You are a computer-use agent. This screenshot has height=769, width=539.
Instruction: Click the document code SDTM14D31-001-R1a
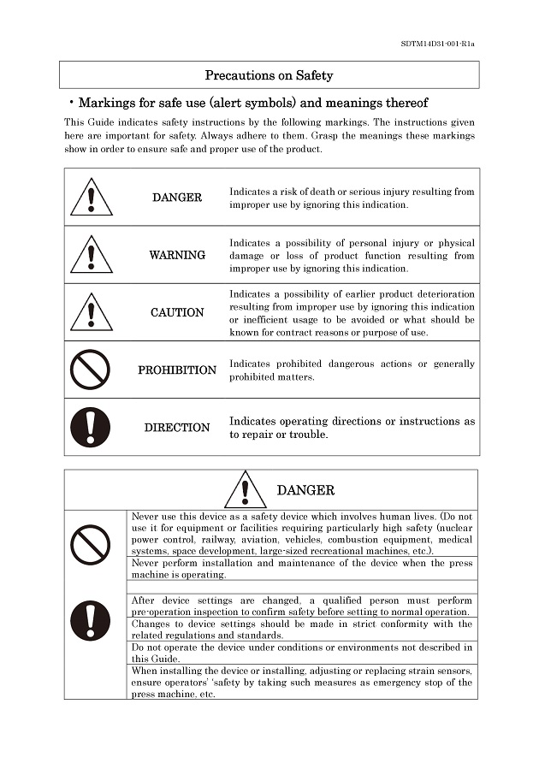click(x=437, y=44)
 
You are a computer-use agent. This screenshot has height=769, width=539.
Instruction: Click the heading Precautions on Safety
click(x=269, y=75)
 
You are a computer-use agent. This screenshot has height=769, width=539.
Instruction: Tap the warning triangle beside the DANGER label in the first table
click(x=92, y=197)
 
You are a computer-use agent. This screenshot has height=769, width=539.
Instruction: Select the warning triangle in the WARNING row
click(x=92, y=254)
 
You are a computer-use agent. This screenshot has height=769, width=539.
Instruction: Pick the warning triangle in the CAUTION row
click(x=92, y=311)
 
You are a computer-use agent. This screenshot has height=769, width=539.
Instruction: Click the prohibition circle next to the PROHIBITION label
click(x=92, y=370)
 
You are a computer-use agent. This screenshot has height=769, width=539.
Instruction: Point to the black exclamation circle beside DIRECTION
click(x=92, y=427)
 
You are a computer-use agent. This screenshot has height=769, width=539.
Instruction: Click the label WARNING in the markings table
click(x=177, y=255)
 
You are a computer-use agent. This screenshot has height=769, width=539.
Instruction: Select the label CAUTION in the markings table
click(x=177, y=312)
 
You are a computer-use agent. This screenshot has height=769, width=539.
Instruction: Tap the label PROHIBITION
click(x=177, y=370)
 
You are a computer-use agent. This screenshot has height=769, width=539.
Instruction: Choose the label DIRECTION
click(x=177, y=428)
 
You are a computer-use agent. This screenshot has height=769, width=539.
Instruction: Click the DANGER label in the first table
click(x=177, y=198)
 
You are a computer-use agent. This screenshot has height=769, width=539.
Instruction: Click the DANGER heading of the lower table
click(x=305, y=490)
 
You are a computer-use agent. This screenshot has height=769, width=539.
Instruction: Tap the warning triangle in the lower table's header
click(x=246, y=489)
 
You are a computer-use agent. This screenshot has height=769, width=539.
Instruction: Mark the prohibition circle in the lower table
click(x=92, y=544)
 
